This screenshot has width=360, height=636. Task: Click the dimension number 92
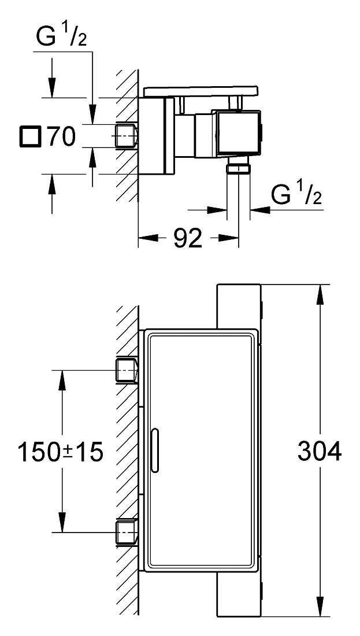tap(188, 239)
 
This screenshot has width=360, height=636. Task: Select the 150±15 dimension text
tap(61, 452)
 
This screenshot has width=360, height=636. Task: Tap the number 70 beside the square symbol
tap(61, 136)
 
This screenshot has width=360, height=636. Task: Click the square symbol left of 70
tap(30, 136)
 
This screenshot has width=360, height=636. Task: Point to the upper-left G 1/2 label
tap(61, 35)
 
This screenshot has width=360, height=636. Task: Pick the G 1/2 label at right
tap(296, 194)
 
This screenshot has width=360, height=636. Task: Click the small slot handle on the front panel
tap(154, 450)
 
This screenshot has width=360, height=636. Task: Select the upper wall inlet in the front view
tap(127, 370)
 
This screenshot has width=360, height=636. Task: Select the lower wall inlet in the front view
tap(127, 532)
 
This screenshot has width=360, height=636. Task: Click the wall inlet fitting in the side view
tap(127, 135)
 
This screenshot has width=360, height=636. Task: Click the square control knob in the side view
tap(239, 133)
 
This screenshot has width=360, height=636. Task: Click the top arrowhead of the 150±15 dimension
tap(62, 380)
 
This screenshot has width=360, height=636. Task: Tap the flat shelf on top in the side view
tap(201, 91)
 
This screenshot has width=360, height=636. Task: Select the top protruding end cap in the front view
tap(239, 306)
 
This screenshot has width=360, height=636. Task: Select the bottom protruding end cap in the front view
tap(239, 594)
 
